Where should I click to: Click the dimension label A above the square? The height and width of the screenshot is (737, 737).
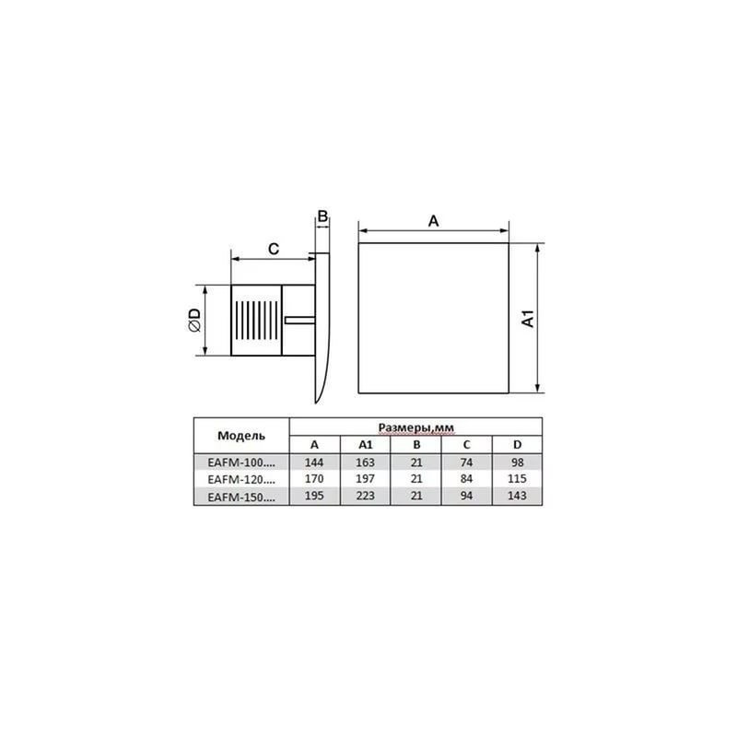tap(433, 220)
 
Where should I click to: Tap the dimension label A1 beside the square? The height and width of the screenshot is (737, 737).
tap(528, 319)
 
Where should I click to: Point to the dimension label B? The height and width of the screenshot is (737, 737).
tap(322, 217)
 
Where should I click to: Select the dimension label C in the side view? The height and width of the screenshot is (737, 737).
tap(273, 248)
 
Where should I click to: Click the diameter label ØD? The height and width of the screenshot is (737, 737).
tap(194, 320)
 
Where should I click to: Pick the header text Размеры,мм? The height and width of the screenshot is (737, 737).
tap(415, 427)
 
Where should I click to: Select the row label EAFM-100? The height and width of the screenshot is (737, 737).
tap(241, 462)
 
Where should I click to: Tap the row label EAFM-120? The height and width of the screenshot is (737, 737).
tap(241, 479)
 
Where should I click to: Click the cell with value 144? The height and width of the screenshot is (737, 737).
tap(315, 462)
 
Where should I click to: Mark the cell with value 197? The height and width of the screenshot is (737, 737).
tap(365, 479)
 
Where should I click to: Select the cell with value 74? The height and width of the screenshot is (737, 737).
tap(466, 462)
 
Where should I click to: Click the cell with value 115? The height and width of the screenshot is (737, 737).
tap(517, 479)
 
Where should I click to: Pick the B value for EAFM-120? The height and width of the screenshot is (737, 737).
tap(415, 479)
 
